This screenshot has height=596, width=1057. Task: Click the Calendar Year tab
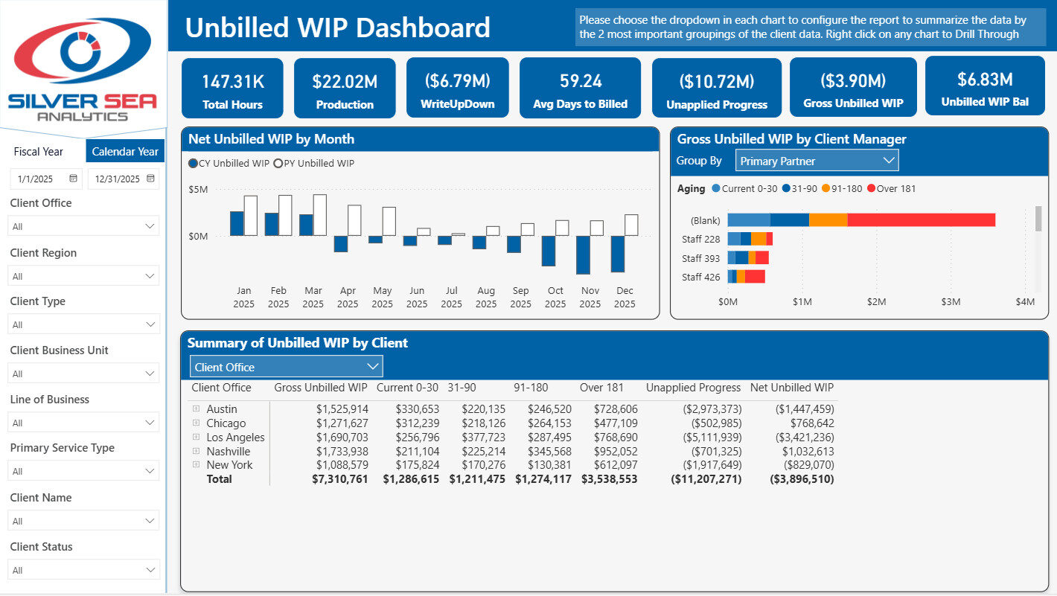tap(125, 151)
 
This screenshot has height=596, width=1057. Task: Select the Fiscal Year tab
tap(38, 151)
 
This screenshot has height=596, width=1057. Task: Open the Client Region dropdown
tap(83, 276)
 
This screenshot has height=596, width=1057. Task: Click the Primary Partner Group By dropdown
tap(817, 161)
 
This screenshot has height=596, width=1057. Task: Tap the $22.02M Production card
tap(345, 89)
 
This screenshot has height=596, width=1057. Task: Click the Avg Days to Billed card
tap(580, 89)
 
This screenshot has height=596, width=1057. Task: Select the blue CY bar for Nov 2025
tap(584, 254)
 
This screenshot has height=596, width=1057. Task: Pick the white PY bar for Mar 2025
tap(320, 215)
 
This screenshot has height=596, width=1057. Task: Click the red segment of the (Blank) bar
tap(921, 220)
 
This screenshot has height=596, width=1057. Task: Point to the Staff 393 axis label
tap(700, 258)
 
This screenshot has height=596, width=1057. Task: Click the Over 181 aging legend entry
tap(891, 188)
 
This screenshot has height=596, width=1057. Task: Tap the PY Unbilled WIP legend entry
tap(314, 163)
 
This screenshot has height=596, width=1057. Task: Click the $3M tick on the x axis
tap(951, 302)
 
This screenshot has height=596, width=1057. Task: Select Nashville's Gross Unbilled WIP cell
tap(342, 451)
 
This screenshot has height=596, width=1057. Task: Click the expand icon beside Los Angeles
tap(197, 437)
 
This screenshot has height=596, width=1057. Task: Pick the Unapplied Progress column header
tap(693, 388)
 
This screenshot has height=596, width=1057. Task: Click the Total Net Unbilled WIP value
tap(802, 479)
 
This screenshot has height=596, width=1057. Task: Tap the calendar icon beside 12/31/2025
tap(150, 179)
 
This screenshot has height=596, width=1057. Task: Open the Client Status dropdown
tap(83, 570)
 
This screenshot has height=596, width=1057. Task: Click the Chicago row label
tap(226, 423)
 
